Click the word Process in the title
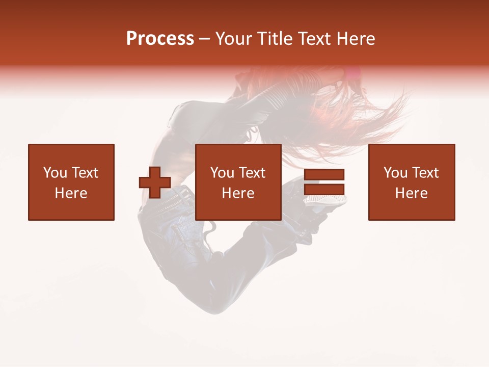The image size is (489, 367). coord(160,39)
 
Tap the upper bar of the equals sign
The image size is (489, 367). coord(324,175)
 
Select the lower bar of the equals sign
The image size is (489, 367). coord(324,189)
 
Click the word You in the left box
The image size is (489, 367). coord(55,173)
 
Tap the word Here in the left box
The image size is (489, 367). coord(71,193)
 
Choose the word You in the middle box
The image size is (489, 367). coord(222,173)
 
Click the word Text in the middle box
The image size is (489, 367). coord(252,173)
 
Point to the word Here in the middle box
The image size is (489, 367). coord(238,193)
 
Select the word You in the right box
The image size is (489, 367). coord(395,173)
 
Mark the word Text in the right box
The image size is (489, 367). coord(425,173)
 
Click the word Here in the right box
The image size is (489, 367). coord(412,193)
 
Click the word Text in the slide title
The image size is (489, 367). coord(313,39)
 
